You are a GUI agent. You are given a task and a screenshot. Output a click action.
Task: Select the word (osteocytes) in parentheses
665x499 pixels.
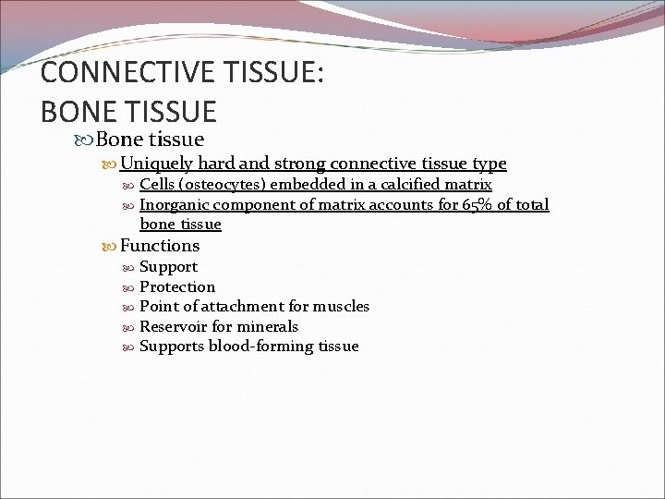point(227,185)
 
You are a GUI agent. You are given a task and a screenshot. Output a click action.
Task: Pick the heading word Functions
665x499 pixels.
point(160,245)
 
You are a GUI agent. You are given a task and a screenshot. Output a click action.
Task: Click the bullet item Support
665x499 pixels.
point(168,266)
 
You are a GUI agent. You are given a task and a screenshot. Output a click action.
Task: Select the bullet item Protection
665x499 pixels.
point(176,286)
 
